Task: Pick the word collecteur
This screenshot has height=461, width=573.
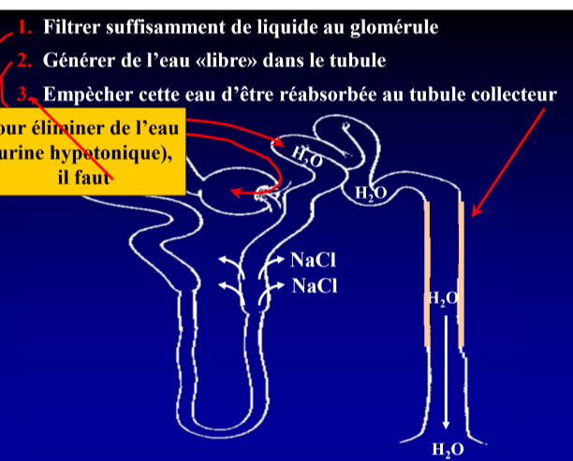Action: tap(511, 94)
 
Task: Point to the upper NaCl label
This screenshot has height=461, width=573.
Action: tap(313, 259)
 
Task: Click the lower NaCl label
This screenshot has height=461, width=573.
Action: tap(314, 284)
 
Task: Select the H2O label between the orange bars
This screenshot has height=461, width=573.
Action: tap(443, 298)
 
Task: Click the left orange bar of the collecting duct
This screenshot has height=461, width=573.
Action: tap(428, 271)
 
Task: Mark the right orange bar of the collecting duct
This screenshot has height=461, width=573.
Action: tap(462, 271)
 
